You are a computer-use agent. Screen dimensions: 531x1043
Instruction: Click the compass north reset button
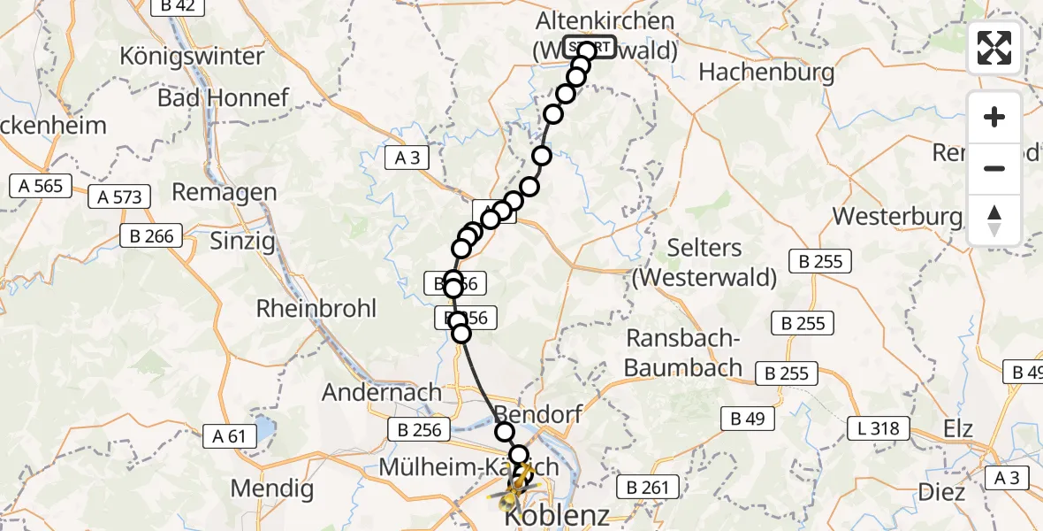pyautogui.click(x=994, y=220)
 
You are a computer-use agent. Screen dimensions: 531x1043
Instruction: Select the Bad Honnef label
pyautogui.click(x=223, y=97)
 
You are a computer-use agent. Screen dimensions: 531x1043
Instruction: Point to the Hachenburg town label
pyautogui.click(x=766, y=73)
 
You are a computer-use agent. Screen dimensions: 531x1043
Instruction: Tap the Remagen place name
pyautogui.click(x=224, y=192)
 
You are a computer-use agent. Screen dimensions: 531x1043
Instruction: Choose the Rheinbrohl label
pyautogui.click(x=316, y=309)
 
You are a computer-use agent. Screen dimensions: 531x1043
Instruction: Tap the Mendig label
pyautogui.click(x=271, y=488)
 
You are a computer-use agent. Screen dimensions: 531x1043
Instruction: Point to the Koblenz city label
pyautogui.click(x=557, y=515)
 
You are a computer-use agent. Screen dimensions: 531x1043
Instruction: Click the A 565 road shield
pyautogui.click(x=40, y=185)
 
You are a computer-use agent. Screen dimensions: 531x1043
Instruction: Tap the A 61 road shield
pyautogui.click(x=229, y=435)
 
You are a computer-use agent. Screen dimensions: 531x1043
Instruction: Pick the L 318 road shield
pyautogui.click(x=879, y=428)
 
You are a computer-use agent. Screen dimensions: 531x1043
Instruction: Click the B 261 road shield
pyautogui.click(x=651, y=486)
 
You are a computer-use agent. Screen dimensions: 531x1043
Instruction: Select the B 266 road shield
pyautogui.click(x=152, y=235)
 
